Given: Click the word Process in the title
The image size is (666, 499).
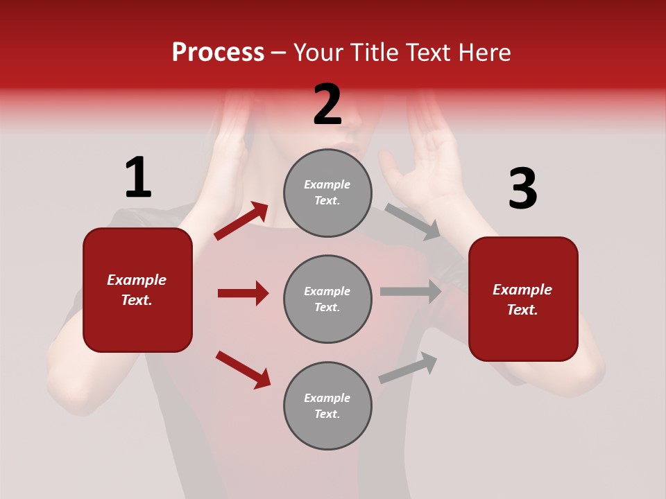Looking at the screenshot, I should click(218, 53).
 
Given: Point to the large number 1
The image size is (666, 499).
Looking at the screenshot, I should click(138, 178).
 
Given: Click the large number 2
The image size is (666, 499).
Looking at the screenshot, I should click(327, 105).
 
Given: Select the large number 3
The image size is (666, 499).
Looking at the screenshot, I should click(522, 189).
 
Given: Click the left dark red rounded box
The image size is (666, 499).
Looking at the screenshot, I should click(137, 290).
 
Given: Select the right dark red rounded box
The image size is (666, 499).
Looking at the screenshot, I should click(523, 299).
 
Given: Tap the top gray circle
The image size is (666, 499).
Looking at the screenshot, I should click(327, 193).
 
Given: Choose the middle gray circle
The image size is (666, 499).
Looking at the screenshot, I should click(327, 299).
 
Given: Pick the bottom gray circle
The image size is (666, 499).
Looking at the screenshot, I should click(327, 406).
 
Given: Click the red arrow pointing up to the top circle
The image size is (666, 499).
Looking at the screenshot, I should click(241, 221).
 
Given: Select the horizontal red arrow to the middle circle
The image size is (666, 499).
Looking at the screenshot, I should click(243, 293).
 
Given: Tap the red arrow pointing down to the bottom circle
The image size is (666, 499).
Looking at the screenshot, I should click(243, 369).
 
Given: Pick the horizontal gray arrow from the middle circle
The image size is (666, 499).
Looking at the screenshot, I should click(411, 292).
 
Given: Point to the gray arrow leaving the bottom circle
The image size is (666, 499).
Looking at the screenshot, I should click(408, 367).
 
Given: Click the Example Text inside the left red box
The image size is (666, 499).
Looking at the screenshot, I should click(137, 290).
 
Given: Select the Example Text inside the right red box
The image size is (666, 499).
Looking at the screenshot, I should click(523, 299).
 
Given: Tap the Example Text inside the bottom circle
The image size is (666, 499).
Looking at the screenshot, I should click(327, 406).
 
